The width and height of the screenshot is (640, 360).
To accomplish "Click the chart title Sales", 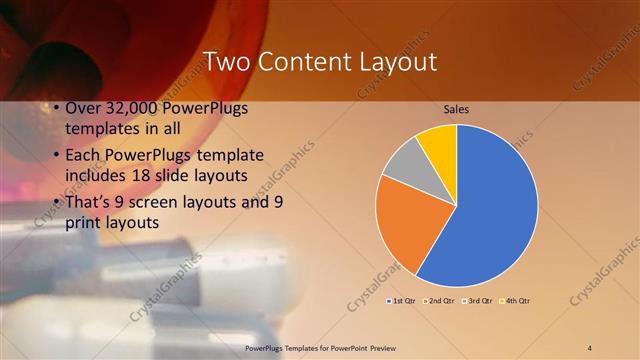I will (456, 108).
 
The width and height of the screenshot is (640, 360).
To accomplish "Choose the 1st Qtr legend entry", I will (400, 300).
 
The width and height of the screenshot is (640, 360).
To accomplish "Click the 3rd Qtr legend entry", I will (478, 300).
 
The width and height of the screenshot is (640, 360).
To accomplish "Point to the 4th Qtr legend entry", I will (515, 300).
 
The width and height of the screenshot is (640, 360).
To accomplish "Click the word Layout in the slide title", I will (393, 62).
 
